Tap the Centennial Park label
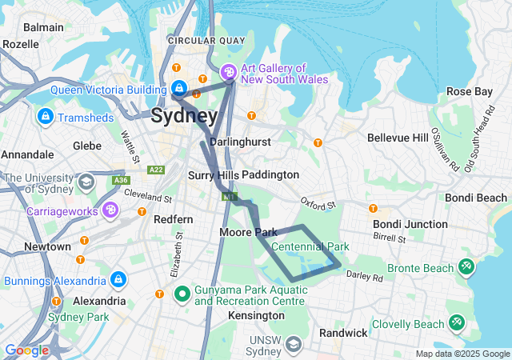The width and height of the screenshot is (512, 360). (310, 246)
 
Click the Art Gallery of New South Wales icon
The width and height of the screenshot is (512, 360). (229, 73)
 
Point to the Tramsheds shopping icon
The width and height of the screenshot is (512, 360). (45, 118)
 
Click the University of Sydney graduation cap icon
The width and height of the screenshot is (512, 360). (84, 183)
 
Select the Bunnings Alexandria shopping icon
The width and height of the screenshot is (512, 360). (118, 280)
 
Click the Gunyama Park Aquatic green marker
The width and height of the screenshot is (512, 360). (182, 294)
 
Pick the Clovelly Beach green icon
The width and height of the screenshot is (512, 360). (457, 323)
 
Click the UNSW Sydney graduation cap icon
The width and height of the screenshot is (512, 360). (294, 344)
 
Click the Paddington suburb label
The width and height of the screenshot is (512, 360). (270, 174)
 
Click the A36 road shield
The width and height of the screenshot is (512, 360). (121, 181)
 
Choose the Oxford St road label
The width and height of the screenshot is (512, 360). (318, 205)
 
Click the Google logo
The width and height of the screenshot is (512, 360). (26, 350)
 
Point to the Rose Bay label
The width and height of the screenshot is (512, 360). (470, 92)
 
